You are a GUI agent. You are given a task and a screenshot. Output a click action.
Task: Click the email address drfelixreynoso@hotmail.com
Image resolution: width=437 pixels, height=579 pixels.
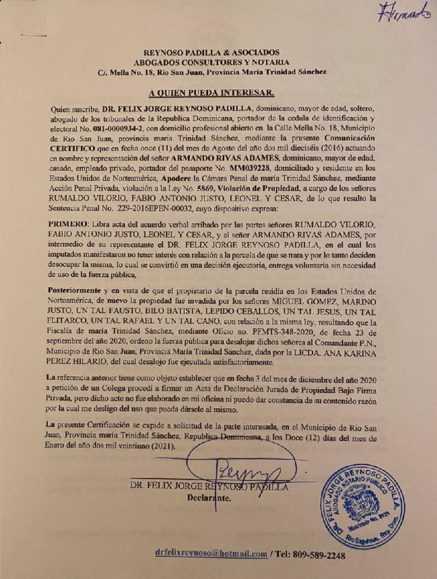point(210,554)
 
